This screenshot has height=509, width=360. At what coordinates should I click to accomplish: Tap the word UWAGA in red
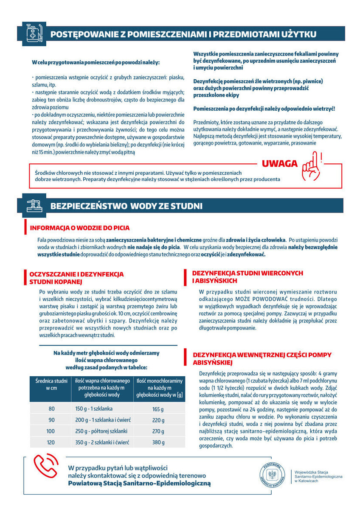pos(278,164)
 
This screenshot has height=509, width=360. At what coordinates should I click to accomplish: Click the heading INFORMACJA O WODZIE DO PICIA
pos(80,228)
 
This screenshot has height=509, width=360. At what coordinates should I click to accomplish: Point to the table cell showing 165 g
pos(158,409)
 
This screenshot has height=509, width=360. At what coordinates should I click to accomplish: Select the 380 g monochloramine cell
pos(158,442)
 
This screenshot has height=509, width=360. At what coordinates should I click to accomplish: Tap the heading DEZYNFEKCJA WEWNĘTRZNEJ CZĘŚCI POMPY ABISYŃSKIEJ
pos(262,358)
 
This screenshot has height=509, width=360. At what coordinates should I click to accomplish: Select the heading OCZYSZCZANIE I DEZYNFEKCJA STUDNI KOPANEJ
pos(76,278)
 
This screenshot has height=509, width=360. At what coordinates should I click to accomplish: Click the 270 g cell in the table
pos(158,431)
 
